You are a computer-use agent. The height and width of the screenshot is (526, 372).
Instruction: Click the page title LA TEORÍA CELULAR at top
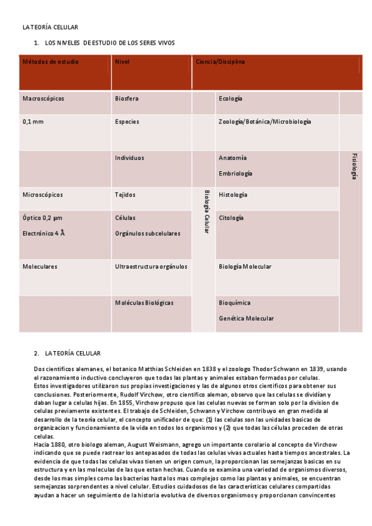(x=50, y=27)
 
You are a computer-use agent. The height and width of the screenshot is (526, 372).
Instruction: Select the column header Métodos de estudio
(x=51, y=62)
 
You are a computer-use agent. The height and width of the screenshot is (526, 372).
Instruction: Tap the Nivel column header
(x=122, y=62)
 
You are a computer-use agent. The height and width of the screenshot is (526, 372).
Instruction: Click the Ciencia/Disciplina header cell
(x=220, y=62)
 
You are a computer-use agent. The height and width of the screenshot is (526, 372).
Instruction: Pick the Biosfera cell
(x=127, y=99)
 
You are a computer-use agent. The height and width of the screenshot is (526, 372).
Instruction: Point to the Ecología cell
(x=230, y=99)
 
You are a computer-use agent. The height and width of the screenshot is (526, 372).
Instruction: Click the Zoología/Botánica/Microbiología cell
(x=265, y=122)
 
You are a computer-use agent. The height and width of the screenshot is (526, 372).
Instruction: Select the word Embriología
(x=235, y=174)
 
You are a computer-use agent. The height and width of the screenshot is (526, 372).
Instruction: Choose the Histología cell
(x=233, y=195)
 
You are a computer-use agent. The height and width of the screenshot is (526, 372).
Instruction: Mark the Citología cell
(x=231, y=218)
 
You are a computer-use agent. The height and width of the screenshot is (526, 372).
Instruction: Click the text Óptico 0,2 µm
(x=42, y=218)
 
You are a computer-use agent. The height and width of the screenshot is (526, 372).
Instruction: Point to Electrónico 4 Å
(x=43, y=234)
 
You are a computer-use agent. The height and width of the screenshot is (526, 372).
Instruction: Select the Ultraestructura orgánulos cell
(x=151, y=267)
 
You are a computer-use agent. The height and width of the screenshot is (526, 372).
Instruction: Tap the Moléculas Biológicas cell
(x=144, y=303)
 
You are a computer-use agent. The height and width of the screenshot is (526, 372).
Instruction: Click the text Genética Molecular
(x=246, y=319)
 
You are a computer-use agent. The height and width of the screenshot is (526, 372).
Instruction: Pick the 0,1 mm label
(x=34, y=122)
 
